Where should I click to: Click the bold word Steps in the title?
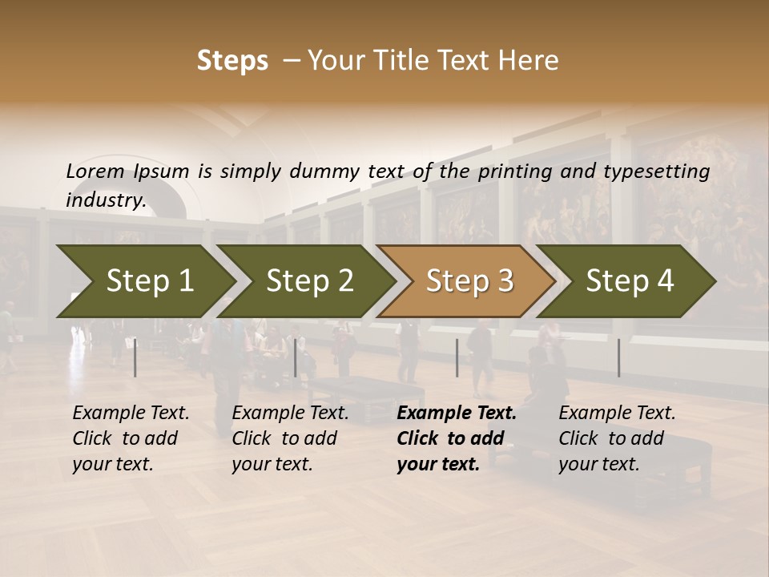(232, 61)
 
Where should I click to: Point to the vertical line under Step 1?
(135, 357)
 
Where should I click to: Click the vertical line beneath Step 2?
(296, 357)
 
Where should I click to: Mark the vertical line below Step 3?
(457, 357)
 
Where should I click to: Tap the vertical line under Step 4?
(619, 357)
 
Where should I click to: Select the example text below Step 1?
(131, 438)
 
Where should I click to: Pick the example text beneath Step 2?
(290, 438)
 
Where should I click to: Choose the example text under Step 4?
(617, 438)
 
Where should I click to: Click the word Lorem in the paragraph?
(95, 171)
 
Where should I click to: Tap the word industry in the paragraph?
(106, 200)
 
